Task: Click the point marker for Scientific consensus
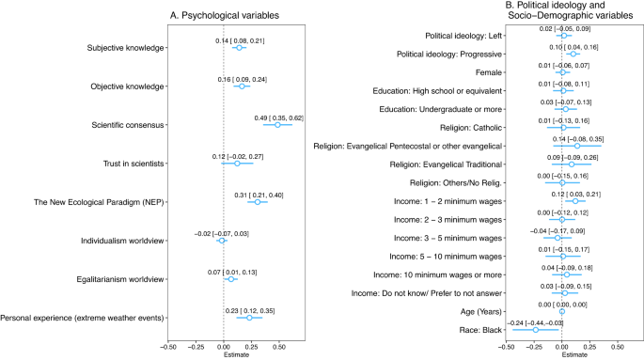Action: click(x=277, y=125)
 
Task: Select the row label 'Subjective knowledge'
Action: click(x=127, y=48)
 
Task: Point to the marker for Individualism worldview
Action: click(x=221, y=241)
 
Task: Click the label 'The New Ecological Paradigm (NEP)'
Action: click(x=100, y=202)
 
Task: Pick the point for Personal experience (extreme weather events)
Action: click(x=249, y=318)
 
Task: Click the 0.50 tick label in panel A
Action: click(x=279, y=346)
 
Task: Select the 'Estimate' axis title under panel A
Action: click(x=223, y=355)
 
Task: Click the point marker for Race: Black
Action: click(x=536, y=330)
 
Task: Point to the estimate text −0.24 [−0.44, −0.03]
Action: click(x=536, y=321)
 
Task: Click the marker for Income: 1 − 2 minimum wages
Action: click(x=575, y=201)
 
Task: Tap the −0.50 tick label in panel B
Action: click(x=505, y=346)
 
